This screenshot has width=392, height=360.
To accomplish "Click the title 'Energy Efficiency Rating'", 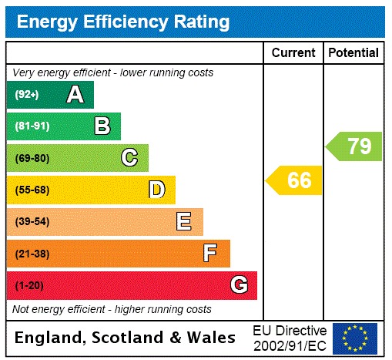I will [123, 22].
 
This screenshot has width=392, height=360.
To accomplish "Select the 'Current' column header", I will [293, 52].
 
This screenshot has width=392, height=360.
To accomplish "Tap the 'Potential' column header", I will [353, 52].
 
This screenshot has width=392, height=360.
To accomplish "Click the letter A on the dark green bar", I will [75, 95].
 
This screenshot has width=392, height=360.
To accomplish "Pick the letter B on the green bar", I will [102, 126].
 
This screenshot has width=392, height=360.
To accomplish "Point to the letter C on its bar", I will [129, 158].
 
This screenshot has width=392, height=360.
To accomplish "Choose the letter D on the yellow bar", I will [156, 190].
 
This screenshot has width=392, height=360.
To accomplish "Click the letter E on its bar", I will [184, 222].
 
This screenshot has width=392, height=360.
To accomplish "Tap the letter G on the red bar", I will [239, 285].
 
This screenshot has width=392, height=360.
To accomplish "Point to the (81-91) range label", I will [32, 126].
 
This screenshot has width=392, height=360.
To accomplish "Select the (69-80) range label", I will [32, 158].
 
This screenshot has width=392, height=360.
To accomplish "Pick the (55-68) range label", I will [32, 190].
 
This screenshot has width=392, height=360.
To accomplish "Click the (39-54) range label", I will [32, 222].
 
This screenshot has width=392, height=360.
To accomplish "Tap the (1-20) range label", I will [29, 285].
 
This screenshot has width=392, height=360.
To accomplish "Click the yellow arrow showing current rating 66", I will [294, 180].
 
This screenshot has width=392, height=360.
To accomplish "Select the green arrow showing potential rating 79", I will [354, 146].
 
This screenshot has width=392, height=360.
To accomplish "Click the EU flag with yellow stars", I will [355, 338].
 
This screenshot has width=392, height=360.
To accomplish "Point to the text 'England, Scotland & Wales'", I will [126, 338].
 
